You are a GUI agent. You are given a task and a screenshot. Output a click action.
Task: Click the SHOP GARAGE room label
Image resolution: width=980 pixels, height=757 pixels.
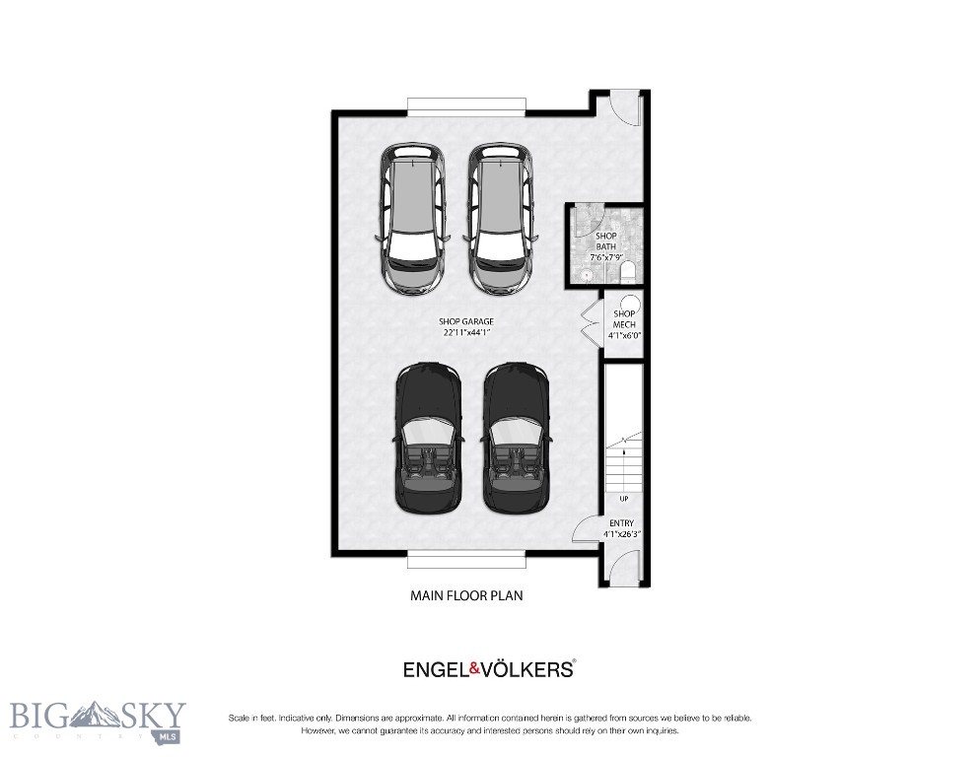466,321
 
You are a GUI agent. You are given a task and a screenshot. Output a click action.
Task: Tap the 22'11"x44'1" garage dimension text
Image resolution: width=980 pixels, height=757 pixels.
466,333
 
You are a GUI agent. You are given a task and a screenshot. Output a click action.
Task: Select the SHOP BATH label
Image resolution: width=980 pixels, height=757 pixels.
604,241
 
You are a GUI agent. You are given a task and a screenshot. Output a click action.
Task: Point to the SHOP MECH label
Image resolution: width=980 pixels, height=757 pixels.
624,319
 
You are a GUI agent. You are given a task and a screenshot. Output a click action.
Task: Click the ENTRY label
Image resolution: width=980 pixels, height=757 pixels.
621,523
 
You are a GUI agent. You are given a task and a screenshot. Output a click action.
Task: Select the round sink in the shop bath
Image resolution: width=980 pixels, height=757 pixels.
586,276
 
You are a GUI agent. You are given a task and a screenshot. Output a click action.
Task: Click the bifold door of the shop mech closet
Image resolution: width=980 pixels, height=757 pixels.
591,324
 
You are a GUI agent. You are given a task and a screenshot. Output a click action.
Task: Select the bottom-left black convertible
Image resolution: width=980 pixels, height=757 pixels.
428,438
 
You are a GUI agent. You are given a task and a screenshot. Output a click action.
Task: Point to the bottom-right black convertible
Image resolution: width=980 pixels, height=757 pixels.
516,438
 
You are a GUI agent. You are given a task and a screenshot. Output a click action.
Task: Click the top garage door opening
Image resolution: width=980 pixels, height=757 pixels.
466,105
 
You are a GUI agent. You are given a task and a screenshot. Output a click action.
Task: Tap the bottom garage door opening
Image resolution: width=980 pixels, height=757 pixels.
466,560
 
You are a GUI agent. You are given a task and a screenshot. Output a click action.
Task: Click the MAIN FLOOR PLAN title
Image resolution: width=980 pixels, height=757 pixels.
466,595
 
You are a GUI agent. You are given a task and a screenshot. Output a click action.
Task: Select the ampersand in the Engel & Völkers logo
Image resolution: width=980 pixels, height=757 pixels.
474,669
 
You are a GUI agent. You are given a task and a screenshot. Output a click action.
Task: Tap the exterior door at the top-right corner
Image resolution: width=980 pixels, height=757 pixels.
625,106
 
